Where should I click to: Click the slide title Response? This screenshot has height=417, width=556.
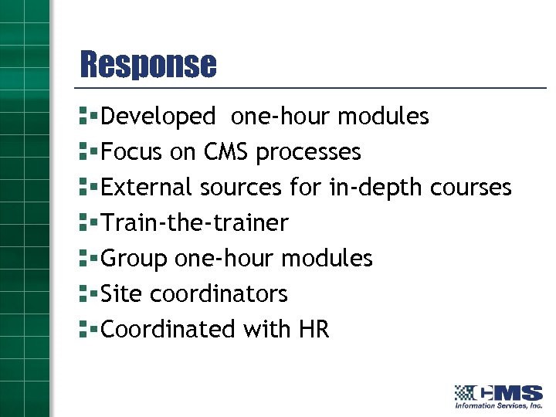[x=148, y=64]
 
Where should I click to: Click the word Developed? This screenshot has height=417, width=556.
[x=158, y=117]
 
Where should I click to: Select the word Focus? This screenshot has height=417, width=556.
[x=132, y=152]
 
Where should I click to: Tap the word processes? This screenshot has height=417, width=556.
[x=308, y=152]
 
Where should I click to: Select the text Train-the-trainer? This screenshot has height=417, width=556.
[x=195, y=223]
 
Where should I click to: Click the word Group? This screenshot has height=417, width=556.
[x=134, y=259]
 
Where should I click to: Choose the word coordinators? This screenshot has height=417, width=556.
[x=219, y=294]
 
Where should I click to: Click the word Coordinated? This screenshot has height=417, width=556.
[x=168, y=330]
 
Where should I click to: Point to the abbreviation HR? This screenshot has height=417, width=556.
[x=314, y=330]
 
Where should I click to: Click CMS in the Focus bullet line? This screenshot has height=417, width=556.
[x=226, y=152]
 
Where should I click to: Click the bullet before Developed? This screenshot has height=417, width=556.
[x=86, y=117]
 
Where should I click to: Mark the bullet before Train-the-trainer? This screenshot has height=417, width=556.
[x=86, y=223]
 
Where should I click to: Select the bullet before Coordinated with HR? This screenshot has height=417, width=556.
[x=86, y=330]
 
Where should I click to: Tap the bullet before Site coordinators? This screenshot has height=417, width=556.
[x=86, y=294]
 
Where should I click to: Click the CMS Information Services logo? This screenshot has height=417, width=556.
[x=498, y=395]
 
